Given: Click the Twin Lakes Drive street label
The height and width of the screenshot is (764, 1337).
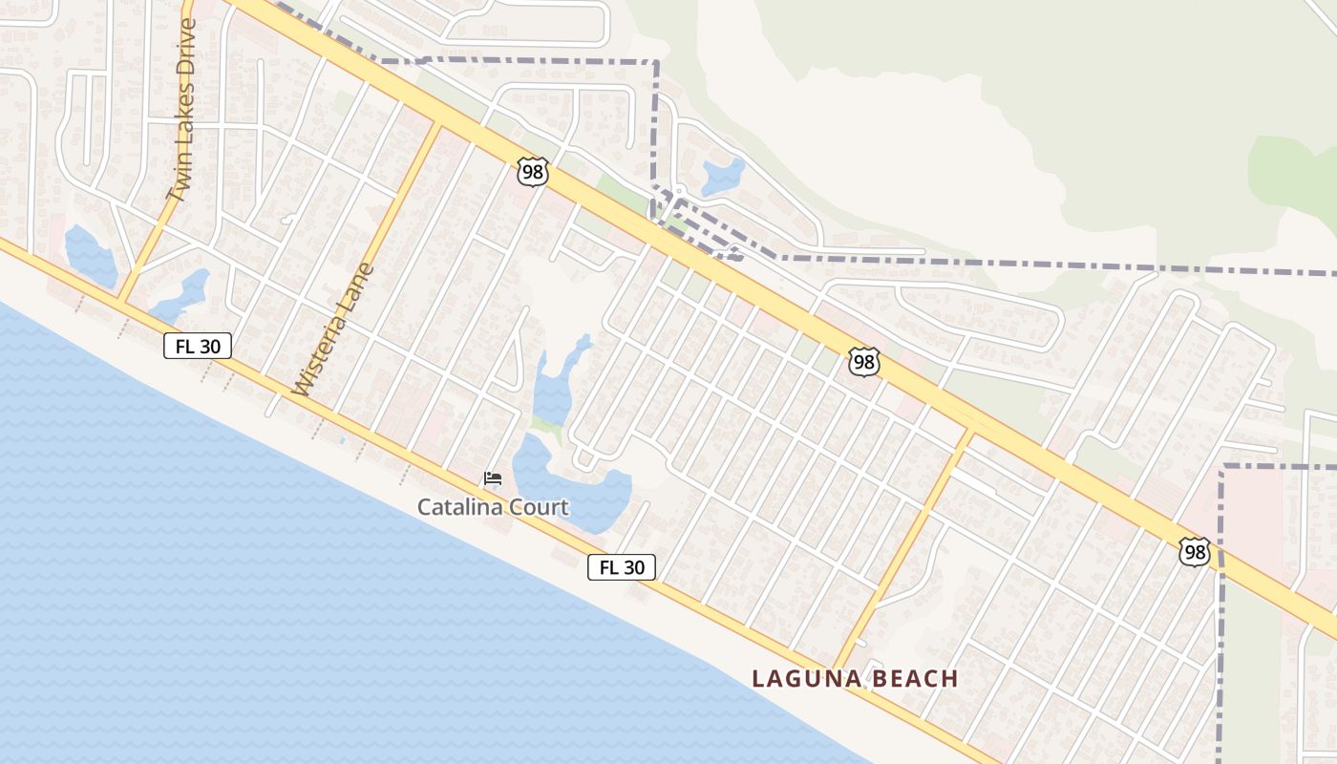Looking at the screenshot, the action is (180, 111).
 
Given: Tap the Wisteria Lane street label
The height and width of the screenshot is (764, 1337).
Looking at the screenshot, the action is (333, 329).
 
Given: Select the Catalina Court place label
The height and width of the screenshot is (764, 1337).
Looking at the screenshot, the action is (493, 507).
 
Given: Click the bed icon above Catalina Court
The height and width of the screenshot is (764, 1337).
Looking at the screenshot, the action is (493, 478).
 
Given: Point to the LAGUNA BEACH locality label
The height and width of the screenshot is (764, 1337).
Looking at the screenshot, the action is (855, 679).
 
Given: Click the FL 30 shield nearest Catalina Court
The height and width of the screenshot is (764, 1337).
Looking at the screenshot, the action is (622, 567).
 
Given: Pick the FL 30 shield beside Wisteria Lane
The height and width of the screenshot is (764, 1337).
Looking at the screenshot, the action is (198, 346).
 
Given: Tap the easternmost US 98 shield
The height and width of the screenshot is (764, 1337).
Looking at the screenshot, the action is (1194, 551).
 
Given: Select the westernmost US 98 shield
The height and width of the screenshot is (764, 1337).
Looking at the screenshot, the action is (533, 172).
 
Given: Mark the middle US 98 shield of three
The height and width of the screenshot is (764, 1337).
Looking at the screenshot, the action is (863, 362).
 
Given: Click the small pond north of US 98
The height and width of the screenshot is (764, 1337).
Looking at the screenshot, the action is (723, 176).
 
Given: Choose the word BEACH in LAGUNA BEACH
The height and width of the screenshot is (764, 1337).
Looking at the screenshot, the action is (912, 679).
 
